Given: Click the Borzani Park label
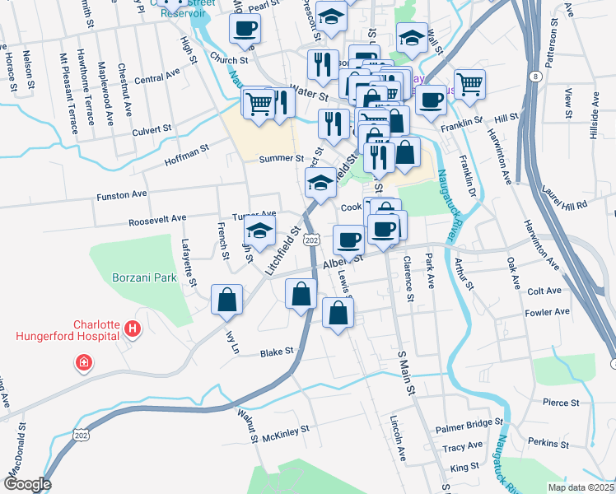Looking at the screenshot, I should click(x=145, y=278).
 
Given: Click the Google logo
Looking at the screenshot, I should click(x=26, y=484).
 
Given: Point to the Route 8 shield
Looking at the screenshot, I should click(x=536, y=77).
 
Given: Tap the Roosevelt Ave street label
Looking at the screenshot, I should click(x=157, y=219).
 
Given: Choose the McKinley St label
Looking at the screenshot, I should click(x=285, y=430).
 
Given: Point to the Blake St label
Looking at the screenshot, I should click(x=277, y=352).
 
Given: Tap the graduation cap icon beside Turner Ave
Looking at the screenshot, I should click(x=259, y=233).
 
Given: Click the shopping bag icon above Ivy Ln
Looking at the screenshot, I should click(x=226, y=301).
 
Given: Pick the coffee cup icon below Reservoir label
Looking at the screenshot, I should click(x=244, y=29).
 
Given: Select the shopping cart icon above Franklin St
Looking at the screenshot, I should click(x=469, y=83).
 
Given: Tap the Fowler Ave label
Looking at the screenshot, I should click(x=548, y=313).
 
